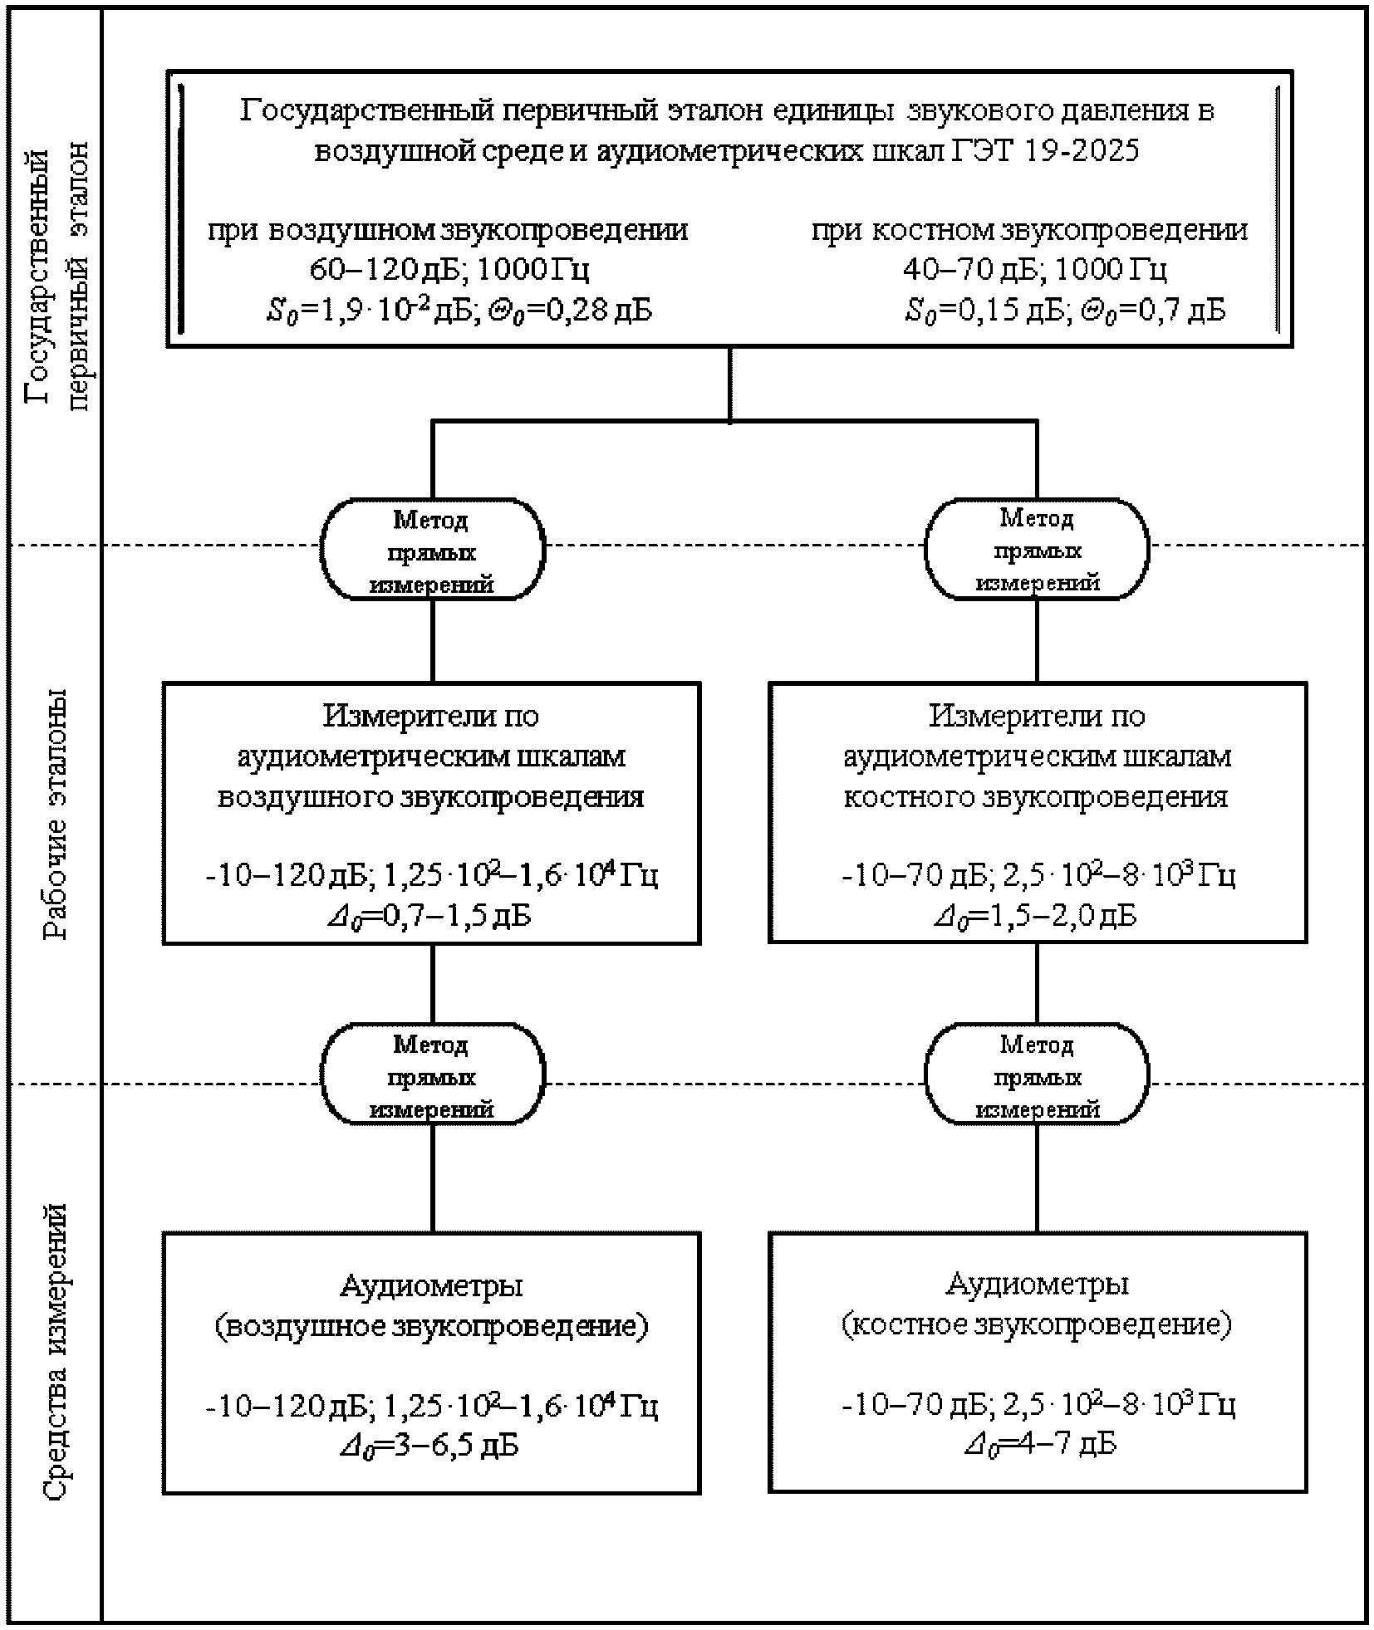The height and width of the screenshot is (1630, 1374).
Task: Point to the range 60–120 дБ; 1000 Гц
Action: (449, 269)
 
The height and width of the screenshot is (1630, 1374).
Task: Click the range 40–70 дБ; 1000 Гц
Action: (1035, 269)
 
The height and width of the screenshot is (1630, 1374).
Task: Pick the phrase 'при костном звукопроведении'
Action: (1029, 230)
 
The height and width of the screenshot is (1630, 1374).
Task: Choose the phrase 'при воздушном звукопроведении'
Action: (448, 230)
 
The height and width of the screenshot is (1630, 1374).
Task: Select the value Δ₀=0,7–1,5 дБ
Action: (430, 916)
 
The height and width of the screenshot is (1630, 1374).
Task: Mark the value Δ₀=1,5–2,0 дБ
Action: (1035, 916)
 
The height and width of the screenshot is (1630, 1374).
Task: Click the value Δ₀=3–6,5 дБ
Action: (429, 1446)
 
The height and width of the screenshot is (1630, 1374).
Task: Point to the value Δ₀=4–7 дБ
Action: (1040, 1444)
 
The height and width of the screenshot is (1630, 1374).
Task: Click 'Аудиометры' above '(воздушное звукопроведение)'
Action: (431, 1286)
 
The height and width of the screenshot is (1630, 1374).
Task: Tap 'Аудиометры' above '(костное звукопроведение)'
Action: (1037, 1285)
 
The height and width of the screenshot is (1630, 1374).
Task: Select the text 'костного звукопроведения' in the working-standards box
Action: (1036, 796)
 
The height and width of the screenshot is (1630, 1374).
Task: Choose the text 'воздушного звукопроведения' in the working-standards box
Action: (430, 796)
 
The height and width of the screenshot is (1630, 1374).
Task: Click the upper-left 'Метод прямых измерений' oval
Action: (432, 550)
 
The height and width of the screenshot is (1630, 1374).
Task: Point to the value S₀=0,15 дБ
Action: (984, 311)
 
